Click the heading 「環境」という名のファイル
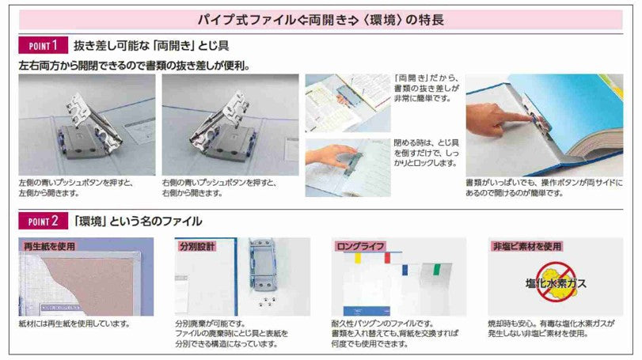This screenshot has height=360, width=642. tap(139, 221)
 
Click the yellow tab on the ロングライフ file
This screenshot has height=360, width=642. tap(359, 258)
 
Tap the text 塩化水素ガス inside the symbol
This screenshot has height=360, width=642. tap(555, 282)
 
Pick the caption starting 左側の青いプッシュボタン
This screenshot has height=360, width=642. tap(75, 187)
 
